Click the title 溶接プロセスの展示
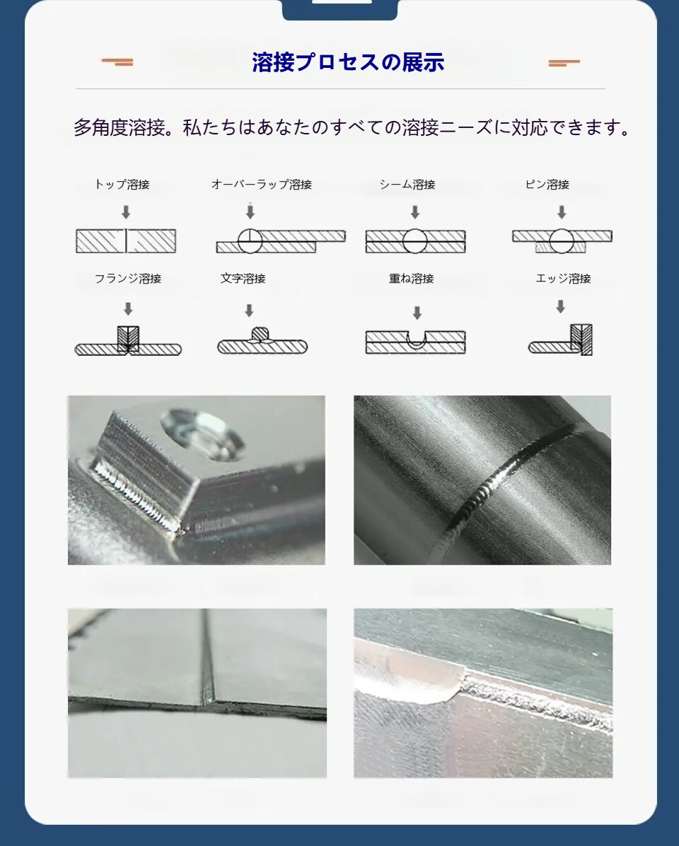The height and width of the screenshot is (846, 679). coord(348,62)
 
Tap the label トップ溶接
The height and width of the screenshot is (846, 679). coord(122,185)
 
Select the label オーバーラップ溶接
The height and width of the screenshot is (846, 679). coord(262,185)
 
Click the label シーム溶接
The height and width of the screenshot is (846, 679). coord(407,185)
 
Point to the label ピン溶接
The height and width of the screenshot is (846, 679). coord(547,185)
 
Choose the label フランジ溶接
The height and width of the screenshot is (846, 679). coord(128,279)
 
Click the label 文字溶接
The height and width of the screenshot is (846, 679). coord(243,279)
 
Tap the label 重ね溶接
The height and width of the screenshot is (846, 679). coord(412,279)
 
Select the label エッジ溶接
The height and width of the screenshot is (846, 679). coord(563,279)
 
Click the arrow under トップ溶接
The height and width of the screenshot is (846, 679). coord(126,212)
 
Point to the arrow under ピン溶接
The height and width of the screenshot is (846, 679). coord(562,212)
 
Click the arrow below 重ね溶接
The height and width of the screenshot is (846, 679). coord(417,313)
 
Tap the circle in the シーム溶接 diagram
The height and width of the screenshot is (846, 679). coord(414,241)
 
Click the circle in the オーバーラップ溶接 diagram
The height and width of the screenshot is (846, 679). coord(250,241)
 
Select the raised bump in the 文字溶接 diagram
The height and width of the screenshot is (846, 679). coord(260,335)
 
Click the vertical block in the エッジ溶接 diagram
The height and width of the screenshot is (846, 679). coord(581,340)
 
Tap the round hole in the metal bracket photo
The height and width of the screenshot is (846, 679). coord(203,435)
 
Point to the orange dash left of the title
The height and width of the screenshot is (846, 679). coord(117,62)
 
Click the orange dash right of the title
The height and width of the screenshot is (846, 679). coord(564,62)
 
